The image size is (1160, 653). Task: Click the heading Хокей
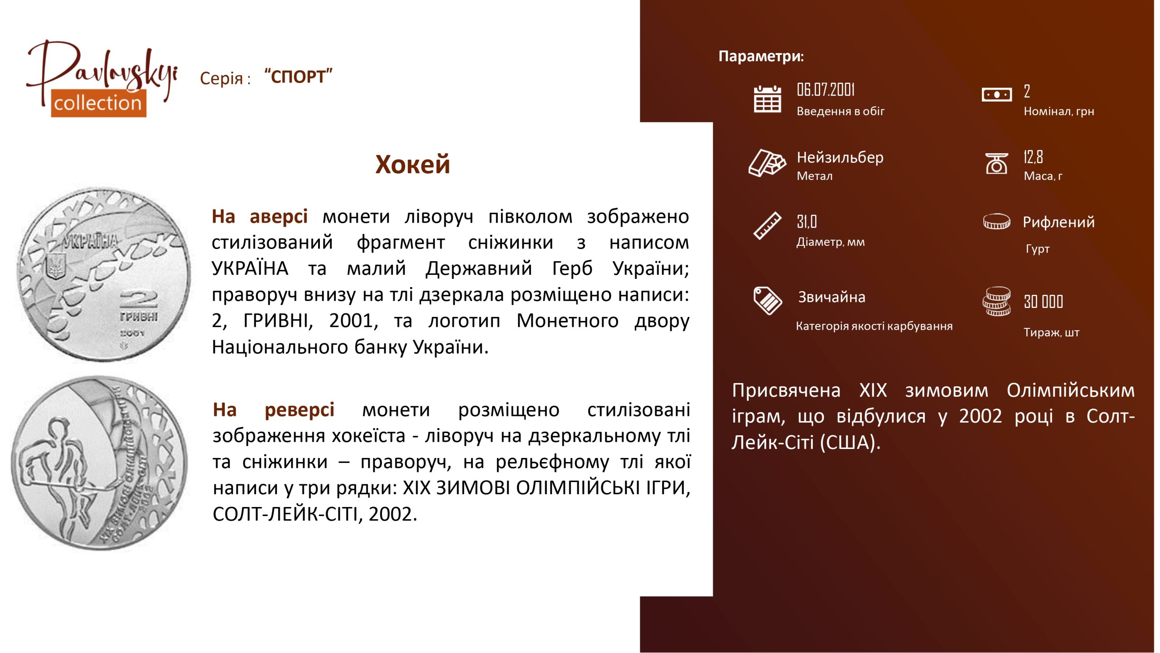click(x=412, y=164)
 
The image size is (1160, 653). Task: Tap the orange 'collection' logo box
click(x=98, y=103)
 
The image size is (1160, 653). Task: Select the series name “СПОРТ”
click(x=299, y=77)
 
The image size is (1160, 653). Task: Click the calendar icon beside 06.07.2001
click(x=767, y=99)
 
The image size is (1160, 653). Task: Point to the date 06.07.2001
click(x=826, y=90)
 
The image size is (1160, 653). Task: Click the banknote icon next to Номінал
click(x=996, y=94)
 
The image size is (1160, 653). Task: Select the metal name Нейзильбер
click(x=840, y=157)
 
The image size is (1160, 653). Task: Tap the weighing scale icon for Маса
click(x=996, y=163)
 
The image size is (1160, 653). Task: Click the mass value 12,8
click(x=1033, y=157)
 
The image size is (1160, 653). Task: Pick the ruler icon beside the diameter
click(x=767, y=225)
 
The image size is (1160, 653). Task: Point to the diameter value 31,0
click(x=807, y=221)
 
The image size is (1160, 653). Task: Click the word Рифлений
click(x=1058, y=222)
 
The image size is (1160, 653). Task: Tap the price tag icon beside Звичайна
click(x=767, y=300)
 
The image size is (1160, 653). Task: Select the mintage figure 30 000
click(x=1043, y=302)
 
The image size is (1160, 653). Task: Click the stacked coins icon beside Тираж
click(x=996, y=301)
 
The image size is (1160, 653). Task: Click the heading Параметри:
click(x=761, y=56)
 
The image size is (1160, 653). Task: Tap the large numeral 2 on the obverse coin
click(x=138, y=301)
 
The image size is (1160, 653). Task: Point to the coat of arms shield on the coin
click(x=56, y=266)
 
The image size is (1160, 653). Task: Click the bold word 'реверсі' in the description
click(x=300, y=410)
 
